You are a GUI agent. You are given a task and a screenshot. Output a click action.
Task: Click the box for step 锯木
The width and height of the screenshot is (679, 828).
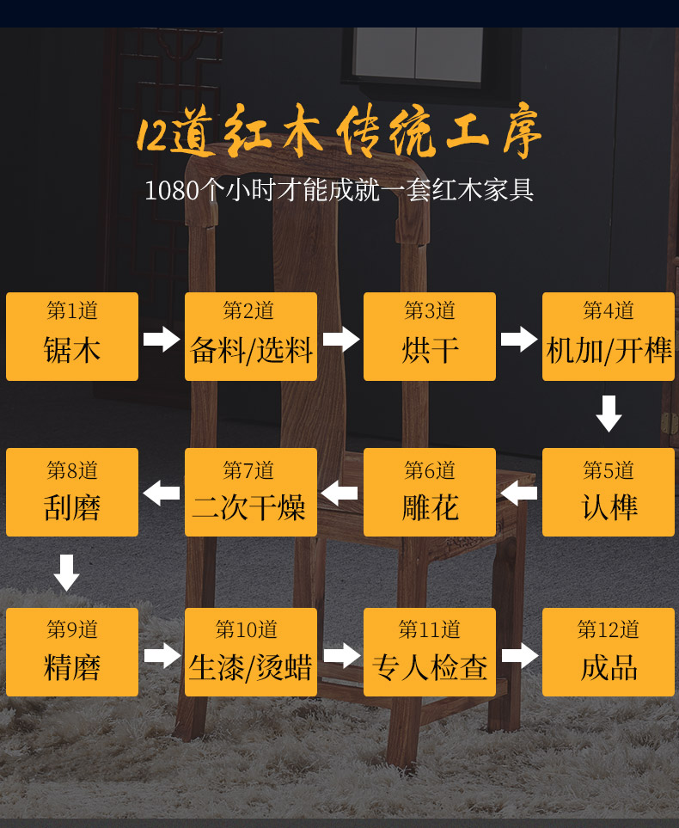pos(72,336)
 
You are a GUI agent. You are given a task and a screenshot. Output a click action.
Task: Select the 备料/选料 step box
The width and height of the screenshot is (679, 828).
pos(251,336)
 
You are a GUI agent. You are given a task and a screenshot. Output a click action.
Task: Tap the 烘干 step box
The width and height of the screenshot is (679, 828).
pos(430,336)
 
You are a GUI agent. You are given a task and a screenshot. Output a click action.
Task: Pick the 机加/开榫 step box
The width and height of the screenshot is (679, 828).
pos(609,336)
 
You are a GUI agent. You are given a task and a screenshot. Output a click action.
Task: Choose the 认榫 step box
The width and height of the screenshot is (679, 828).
pos(609,492)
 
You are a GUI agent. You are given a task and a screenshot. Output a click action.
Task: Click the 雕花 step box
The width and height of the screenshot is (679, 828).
pos(430,492)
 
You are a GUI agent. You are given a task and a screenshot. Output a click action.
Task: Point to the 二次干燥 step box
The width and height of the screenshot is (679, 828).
pos(251,492)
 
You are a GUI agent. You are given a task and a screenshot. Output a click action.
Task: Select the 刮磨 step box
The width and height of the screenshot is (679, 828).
pos(72,492)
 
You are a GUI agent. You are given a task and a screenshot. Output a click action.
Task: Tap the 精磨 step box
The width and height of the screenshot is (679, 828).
pos(72,652)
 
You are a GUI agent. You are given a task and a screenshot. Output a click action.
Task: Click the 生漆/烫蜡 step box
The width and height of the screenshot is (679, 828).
pos(251,652)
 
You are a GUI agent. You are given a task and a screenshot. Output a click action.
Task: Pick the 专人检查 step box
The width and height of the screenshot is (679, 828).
pos(430,652)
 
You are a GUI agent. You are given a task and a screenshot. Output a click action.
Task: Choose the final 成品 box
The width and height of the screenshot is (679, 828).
pos(609,652)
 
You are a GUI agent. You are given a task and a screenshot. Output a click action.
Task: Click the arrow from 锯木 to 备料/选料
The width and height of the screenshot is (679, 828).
pos(162,339)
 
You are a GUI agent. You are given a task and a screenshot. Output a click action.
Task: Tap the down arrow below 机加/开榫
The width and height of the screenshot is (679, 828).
pos(609,414)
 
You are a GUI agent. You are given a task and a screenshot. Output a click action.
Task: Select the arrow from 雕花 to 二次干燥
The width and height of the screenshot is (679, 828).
pos(339,494)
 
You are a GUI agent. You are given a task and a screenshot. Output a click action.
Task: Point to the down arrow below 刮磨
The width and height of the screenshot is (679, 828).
pos(67,573)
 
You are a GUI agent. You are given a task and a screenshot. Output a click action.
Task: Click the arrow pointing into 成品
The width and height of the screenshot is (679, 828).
pos(519,655)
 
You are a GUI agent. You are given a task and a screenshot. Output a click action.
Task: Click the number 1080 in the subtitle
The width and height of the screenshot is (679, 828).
pos(172,190)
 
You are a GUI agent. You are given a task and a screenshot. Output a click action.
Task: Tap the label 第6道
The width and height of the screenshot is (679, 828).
pos(430,470)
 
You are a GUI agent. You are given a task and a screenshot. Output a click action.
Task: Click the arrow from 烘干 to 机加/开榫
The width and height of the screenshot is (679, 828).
pos(519,339)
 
